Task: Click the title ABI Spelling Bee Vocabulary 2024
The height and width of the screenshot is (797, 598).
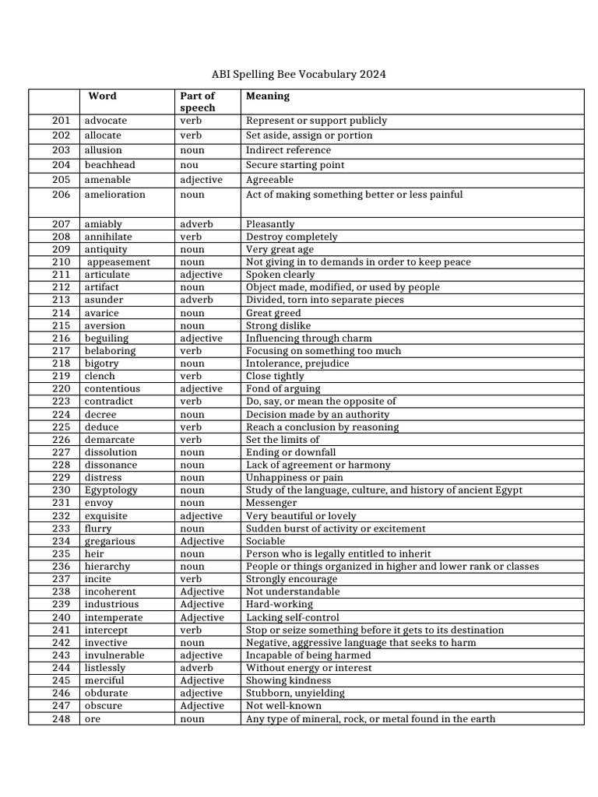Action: (298, 75)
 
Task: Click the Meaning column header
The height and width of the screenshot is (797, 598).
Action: (267, 97)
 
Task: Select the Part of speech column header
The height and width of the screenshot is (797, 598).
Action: (197, 102)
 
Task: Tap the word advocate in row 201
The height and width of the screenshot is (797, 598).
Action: (105, 121)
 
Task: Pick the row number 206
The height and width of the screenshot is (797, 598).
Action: (62, 195)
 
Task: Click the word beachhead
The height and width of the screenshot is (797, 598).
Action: (110, 165)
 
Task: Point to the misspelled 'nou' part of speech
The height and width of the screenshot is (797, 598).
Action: (188, 165)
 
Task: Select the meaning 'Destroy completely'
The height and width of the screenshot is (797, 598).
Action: (292, 237)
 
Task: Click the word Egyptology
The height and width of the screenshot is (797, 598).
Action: (111, 490)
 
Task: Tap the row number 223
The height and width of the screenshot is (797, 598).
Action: (62, 402)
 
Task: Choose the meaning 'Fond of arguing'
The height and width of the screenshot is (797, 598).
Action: (283, 388)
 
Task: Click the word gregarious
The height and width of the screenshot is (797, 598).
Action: (110, 541)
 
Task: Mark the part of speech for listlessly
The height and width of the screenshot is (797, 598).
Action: (196, 668)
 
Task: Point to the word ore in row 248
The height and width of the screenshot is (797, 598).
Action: (93, 719)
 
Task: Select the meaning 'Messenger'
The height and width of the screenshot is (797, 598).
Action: (271, 503)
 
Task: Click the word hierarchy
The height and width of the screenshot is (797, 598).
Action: (107, 567)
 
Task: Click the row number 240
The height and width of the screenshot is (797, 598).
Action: (62, 617)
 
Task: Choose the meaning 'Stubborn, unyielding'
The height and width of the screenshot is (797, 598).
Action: (295, 693)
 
